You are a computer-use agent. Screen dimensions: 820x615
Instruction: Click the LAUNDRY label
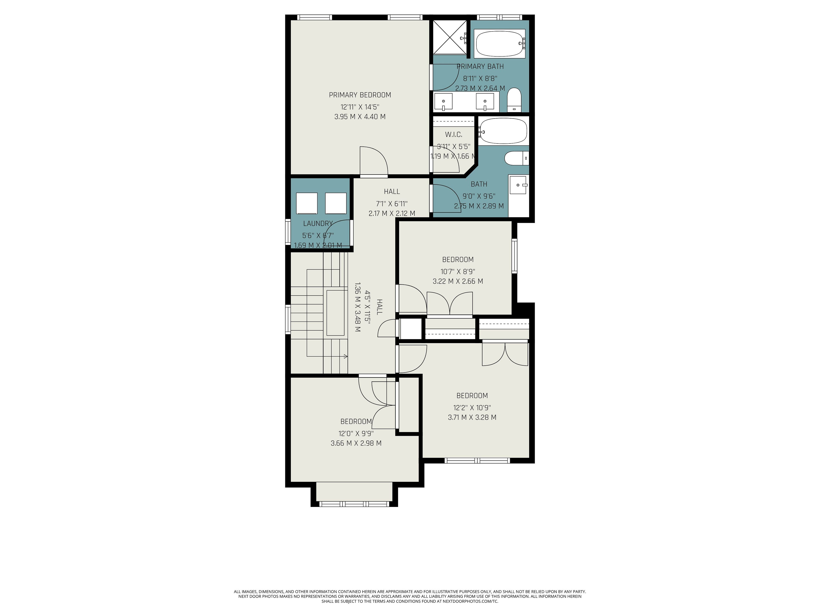[318, 224]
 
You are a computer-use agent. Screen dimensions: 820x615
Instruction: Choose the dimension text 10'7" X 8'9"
[458, 272]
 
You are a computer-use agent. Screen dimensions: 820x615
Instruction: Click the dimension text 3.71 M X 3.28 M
[472, 417]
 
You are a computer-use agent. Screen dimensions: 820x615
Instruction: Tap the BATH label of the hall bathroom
[479, 184]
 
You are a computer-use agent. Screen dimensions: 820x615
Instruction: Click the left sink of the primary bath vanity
[443, 102]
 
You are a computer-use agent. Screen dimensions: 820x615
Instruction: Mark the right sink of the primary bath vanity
[485, 102]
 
